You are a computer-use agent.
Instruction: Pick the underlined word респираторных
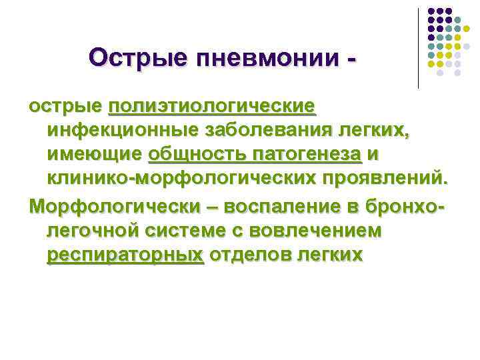125,255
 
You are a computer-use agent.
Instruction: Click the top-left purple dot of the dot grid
431,11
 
